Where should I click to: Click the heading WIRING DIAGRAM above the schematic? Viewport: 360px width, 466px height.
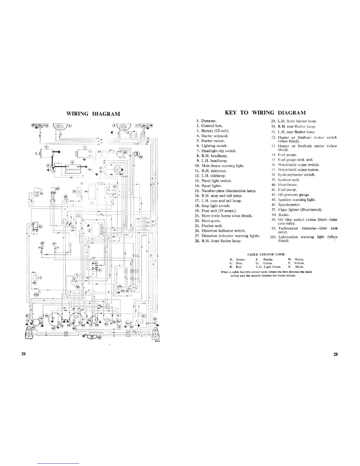click(93, 114)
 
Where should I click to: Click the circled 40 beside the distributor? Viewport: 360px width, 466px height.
click(121, 174)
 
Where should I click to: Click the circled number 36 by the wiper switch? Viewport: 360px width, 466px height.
click(40, 227)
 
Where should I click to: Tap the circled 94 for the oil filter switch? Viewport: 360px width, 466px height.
click(34, 283)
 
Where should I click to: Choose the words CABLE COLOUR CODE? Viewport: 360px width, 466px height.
click(266, 254)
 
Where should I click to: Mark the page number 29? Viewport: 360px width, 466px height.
click(336, 354)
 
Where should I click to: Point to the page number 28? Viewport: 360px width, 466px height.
click(24, 354)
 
